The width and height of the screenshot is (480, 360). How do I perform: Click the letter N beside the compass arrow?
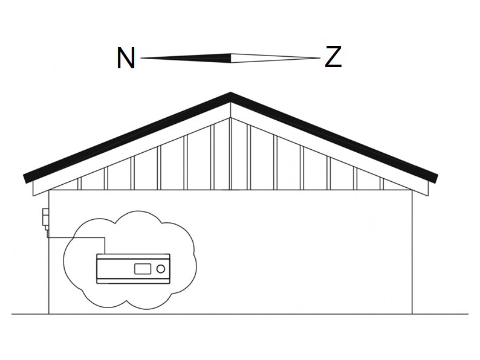pyautogui.click(x=126, y=58)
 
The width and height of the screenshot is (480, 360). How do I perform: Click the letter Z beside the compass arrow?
pyautogui.click(x=333, y=57)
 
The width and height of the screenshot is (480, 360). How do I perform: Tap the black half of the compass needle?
pyautogui.click(x=186, y=58)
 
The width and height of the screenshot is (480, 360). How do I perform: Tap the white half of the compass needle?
pyautogui.click(x=276, y=58)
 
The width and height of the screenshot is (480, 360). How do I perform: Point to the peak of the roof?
pyautogui.click(x=230, y=92)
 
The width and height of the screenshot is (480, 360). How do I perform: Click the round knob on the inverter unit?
pyautogui.click(x=160, y=269)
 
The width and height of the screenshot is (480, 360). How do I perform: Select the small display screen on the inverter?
pyautogui.click(x=143, y=269)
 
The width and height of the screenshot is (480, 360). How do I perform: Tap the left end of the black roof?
pyautogui.click(x=25, y=179)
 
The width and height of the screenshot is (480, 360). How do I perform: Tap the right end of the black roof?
pyautogui.click(x=436, y=179)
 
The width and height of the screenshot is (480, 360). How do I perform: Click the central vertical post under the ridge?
pyautogui.click(x=230, y=153)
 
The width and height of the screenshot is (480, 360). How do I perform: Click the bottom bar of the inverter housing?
pyautogui.click(x=133, y=281)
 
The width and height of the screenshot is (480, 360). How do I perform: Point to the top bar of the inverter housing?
pyautogui.click(x=133, y=256)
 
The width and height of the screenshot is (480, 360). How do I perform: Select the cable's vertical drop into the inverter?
pyautogui.click(x=105, y=246)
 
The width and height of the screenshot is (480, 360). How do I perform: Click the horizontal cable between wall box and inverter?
pyautogui.click(x=76, y=237)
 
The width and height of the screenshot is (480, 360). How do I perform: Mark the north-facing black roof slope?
pyautogui.click(x=127, y=137)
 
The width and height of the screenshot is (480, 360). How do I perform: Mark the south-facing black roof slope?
pyautogui.click(x=334, y=137)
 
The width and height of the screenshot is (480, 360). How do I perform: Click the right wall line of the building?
pyautogui.click(x=412, y=252)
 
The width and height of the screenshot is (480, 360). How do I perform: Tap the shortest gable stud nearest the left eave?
pyautogui.click(x=79, y=184)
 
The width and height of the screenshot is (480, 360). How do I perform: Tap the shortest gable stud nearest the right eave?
pyautogui.click(x=381, y=184)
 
